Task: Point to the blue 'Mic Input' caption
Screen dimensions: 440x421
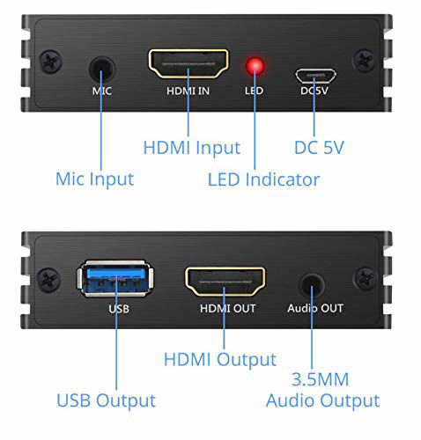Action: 94,180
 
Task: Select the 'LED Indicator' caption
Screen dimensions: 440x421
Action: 263,180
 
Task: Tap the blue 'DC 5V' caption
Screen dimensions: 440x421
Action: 319,146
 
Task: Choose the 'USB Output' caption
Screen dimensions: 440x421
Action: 107,400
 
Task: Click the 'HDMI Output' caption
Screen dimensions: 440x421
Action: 220,360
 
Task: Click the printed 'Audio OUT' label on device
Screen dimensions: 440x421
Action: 315,309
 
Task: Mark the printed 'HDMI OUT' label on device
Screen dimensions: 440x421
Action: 226,309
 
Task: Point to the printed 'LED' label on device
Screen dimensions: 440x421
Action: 254,91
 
